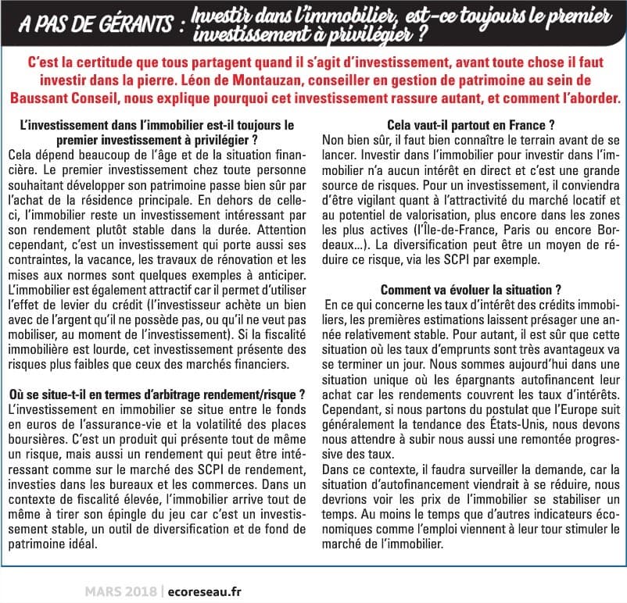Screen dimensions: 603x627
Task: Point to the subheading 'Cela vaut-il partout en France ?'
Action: coord(471,124)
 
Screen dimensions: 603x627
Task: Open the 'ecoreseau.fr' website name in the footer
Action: coord(203,591)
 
